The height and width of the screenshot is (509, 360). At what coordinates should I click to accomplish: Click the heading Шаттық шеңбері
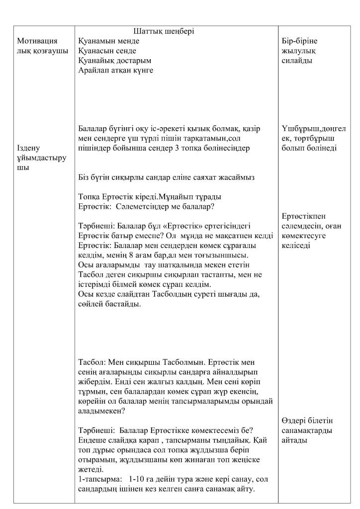point(164,31)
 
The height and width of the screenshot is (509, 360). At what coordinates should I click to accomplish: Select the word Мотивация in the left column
point(38,41)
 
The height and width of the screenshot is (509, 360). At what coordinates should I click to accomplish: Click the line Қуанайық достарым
point(114,61)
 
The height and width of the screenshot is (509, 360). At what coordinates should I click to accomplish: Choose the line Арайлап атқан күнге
point(115,71)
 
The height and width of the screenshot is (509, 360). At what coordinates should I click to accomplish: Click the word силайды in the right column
point(297,61)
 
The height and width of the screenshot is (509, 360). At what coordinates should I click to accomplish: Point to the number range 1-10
point(137,479)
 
